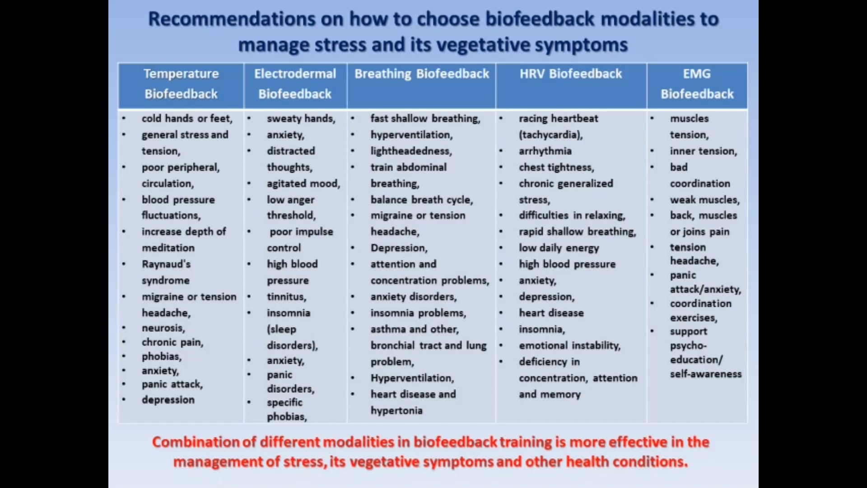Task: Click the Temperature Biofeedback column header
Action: click(x=181, y=84)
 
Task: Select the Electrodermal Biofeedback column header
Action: click(x=295, y=84)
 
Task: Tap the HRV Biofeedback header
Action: click(x=570, y=74)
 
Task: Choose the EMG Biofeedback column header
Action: click(x=697, y=84)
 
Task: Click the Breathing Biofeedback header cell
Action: click(x=421, y=74)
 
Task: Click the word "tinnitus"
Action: click(x=286, y=297)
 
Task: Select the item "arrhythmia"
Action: click(x=545, y=151)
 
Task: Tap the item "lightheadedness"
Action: click(x=410, y=151)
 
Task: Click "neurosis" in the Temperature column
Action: click(x=163, y=328)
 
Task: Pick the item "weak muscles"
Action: click(x=704, y=200)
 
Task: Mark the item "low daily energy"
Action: click(x=559, y=248)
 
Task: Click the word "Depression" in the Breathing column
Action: click(x=398, y=248)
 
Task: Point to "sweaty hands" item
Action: click(x=300, y=118)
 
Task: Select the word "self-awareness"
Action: click(x=705, y=374)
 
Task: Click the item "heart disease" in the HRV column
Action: click(x=551, y=313)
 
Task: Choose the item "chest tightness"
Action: click(x=556, y=167)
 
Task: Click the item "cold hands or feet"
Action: click(x=186, y=118)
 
